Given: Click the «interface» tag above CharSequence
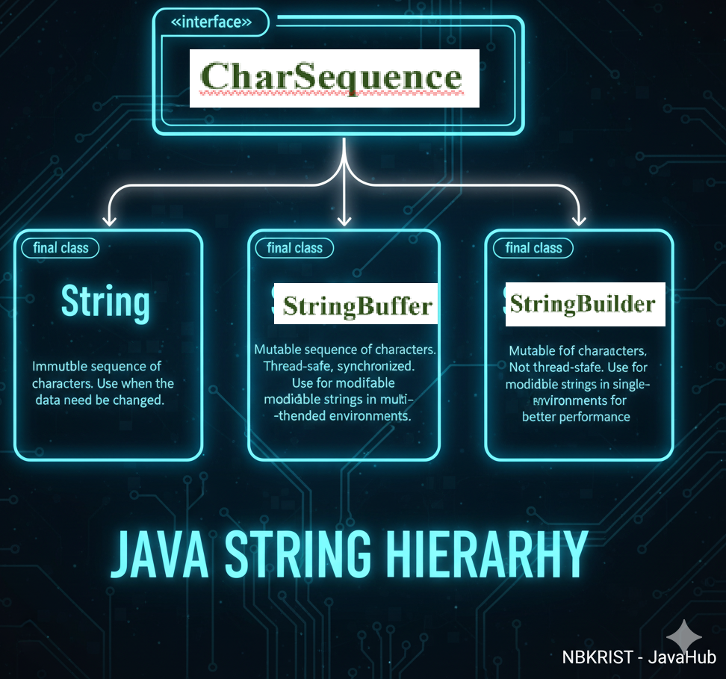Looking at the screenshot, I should click(x=211, y=22).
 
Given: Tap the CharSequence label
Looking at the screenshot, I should click(x=333, y=78).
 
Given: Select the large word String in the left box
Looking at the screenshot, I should click(x=105, y=303).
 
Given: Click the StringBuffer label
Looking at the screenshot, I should click(x=357, y=305).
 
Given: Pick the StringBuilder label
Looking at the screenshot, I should click(x=584, y=303).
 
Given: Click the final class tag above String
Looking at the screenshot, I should click(x=60, y=248).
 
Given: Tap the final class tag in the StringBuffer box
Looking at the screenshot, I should click(x=294, y=248).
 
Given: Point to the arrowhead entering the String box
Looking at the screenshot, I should click(x=109, y=219).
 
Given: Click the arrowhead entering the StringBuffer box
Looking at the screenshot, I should click(x=344, y=219).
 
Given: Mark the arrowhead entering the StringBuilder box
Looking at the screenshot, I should click(x=578, y=219).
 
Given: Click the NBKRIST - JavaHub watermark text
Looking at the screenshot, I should click(x=639, y=657).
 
